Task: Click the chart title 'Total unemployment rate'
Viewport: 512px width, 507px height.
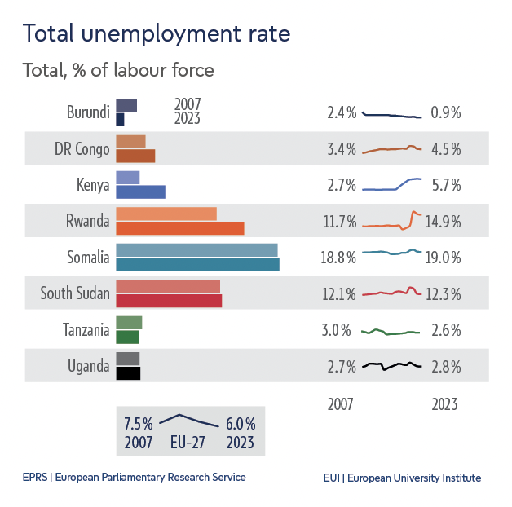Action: tap(156, 34)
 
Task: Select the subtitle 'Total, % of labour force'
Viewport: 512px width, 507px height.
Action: tap(118, 70)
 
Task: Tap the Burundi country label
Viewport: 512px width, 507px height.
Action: tap(88, 112)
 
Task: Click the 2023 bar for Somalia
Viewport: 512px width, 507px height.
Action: tap(197, 265)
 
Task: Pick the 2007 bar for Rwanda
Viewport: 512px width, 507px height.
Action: tap(166, 214)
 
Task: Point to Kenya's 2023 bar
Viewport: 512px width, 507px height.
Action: tap(140, 192)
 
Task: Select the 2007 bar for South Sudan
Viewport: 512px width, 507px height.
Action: tap(168, 286)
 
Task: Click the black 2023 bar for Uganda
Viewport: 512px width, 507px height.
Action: tap(128, 373)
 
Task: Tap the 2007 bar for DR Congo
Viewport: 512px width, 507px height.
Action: tap(130, 142)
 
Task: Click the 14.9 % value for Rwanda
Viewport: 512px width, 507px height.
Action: tap(445, 222)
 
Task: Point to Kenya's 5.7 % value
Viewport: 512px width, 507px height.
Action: tap(445, 186)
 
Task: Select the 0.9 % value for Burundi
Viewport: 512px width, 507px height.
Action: tap(445, 113)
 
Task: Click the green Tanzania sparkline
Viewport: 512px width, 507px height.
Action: tap(391, 331)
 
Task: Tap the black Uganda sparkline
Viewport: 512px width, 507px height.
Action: tap(391, 366)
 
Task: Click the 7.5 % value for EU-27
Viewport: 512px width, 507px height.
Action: tap(138, 425)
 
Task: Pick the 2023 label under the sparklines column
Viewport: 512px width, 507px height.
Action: tap(444, 404)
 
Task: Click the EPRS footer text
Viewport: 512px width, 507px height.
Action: tap(134, 478)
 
